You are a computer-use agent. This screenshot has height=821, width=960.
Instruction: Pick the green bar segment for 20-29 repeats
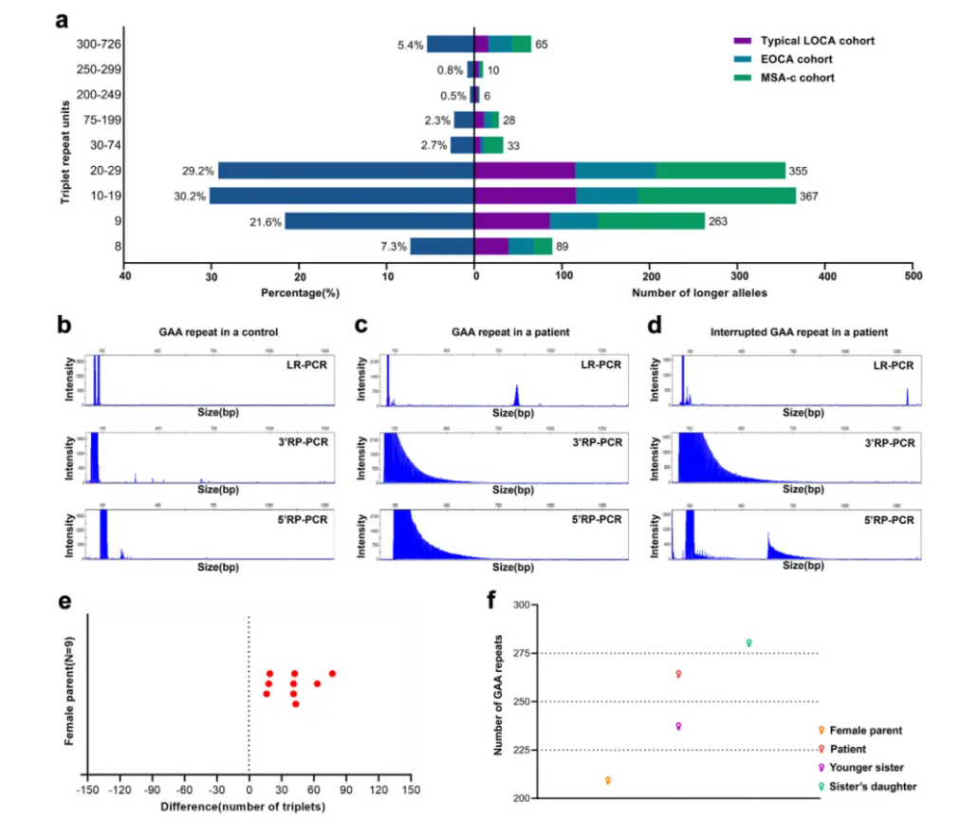coord(720,171)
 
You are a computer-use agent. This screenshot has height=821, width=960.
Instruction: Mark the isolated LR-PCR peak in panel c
coord(516,394)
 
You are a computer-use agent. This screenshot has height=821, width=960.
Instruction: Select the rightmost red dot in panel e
coord(332,674)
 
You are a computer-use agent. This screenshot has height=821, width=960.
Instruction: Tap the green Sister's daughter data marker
coord(749,643)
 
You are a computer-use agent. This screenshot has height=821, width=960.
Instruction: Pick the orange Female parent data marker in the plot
coord(608,780)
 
